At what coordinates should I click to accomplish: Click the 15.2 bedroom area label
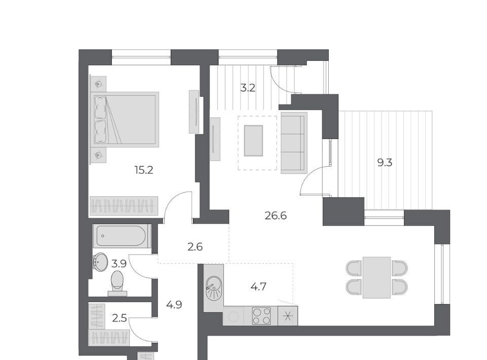pyautogui.click(x=144, y=170)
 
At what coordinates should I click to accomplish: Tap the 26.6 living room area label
pyautogui.click(x=276, y=215)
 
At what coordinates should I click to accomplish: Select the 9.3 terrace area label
pyautogui.click(x=385, y=162)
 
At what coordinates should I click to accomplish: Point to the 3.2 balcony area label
pyautogui.click(x=248, y=88)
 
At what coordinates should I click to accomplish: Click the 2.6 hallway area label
pyautogui.click(x=195, y=247)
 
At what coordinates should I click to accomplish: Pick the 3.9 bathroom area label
pyautogui.click(x=119, y=264)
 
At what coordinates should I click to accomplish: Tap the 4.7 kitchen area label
pyautogui.click(x=258, y=286)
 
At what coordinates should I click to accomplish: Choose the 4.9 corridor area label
pyautogui.click(x=174, y=305)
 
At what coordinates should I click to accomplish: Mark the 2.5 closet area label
pyautogui.click(x=119, y=318)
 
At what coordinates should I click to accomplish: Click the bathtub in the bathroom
pyautogui.click(x=121, y=236)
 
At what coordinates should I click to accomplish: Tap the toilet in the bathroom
pyautogui.click(x=117, y=283)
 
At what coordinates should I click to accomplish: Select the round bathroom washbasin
pyautogui.click(x=99, y=262)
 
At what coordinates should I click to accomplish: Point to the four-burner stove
pyautogui.click(x=261, y=316)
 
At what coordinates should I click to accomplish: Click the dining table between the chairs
pyautogui.click(x=376, y=277)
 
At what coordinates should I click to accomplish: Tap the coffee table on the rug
pyautogui.click(x=254, y=140)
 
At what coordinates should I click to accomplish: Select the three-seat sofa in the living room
pyautogui.click(x=294, y=143)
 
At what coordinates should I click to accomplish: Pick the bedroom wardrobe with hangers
pyautogui.click(x=124, y=205)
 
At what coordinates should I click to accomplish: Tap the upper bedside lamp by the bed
pyautogui.click(x=98, y=84)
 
